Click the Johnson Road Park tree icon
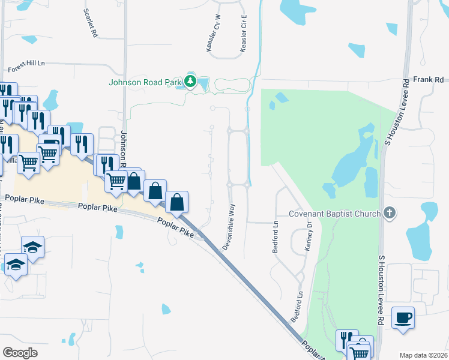(x=190, y=82)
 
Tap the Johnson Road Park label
(x=146, y=82)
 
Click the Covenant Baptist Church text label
(x=334, y=214)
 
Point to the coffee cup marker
(x=403, y=317)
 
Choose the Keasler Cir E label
(x=244, y=34)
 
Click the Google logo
(x=20, y=352)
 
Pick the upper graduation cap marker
(x=32, y=246)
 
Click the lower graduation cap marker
(x=15, y=265)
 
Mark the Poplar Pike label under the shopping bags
(x=176, y=228)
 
